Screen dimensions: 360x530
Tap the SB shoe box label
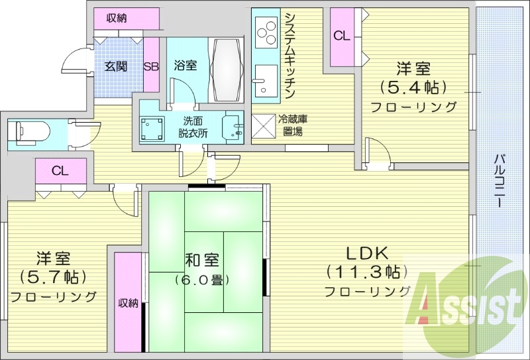pyautogui.click(x=150, y=66)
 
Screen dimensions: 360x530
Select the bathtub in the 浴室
pyautogui.click(x=226, y=69)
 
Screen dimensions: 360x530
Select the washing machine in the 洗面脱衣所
pyautogui.click(x=153, y=127)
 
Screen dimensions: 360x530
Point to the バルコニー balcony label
pyautogui.click(x=500, y=179)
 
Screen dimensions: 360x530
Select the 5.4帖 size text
pyautogui.click(x=413, y=87)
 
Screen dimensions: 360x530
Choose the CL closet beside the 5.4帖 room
pyautogui.click(x=341, y=36)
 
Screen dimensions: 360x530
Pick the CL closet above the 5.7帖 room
pyautogui.click(x=60, y=171)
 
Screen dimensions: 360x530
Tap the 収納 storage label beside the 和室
pyautogui.click(x=129, y=303)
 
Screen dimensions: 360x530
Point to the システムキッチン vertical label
pyautogui.click(x=290, y=56)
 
